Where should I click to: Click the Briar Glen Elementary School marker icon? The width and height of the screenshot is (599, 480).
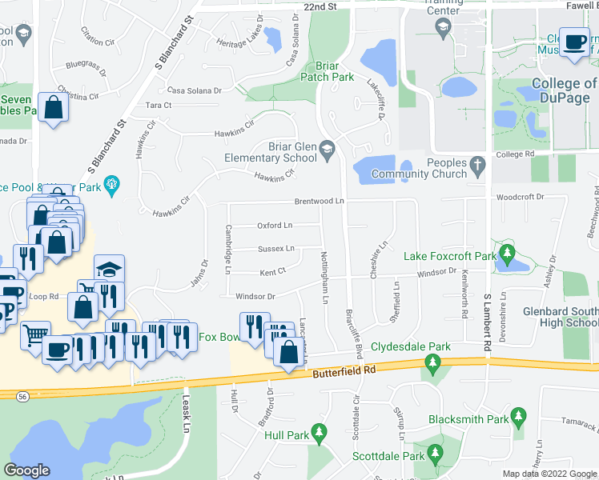(x=327, y=150)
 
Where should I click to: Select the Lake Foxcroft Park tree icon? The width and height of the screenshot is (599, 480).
(x=505, y=256)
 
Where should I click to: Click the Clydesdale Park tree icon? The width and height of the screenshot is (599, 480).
(x=432, y=365)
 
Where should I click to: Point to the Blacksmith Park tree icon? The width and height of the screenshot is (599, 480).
(x=520, y=418)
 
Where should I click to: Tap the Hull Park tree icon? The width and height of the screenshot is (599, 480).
(x=320, y=434)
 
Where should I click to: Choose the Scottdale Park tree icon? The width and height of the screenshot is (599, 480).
(x=435, y=455)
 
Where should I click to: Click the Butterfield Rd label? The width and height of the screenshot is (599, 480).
(x=347, y=370)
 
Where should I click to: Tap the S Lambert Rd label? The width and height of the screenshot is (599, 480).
(x=487, y=325)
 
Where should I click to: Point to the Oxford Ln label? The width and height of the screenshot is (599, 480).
(x=275, y=226)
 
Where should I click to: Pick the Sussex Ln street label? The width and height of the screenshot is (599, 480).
(x=276, y=249)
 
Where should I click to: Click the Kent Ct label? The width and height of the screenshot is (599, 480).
(x=273, y=272)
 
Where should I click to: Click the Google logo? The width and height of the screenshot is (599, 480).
(x=27, y=470)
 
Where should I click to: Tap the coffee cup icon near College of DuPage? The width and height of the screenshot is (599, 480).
(x=573, y=42)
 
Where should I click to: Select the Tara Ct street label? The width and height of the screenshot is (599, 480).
(x=159, y=105)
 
